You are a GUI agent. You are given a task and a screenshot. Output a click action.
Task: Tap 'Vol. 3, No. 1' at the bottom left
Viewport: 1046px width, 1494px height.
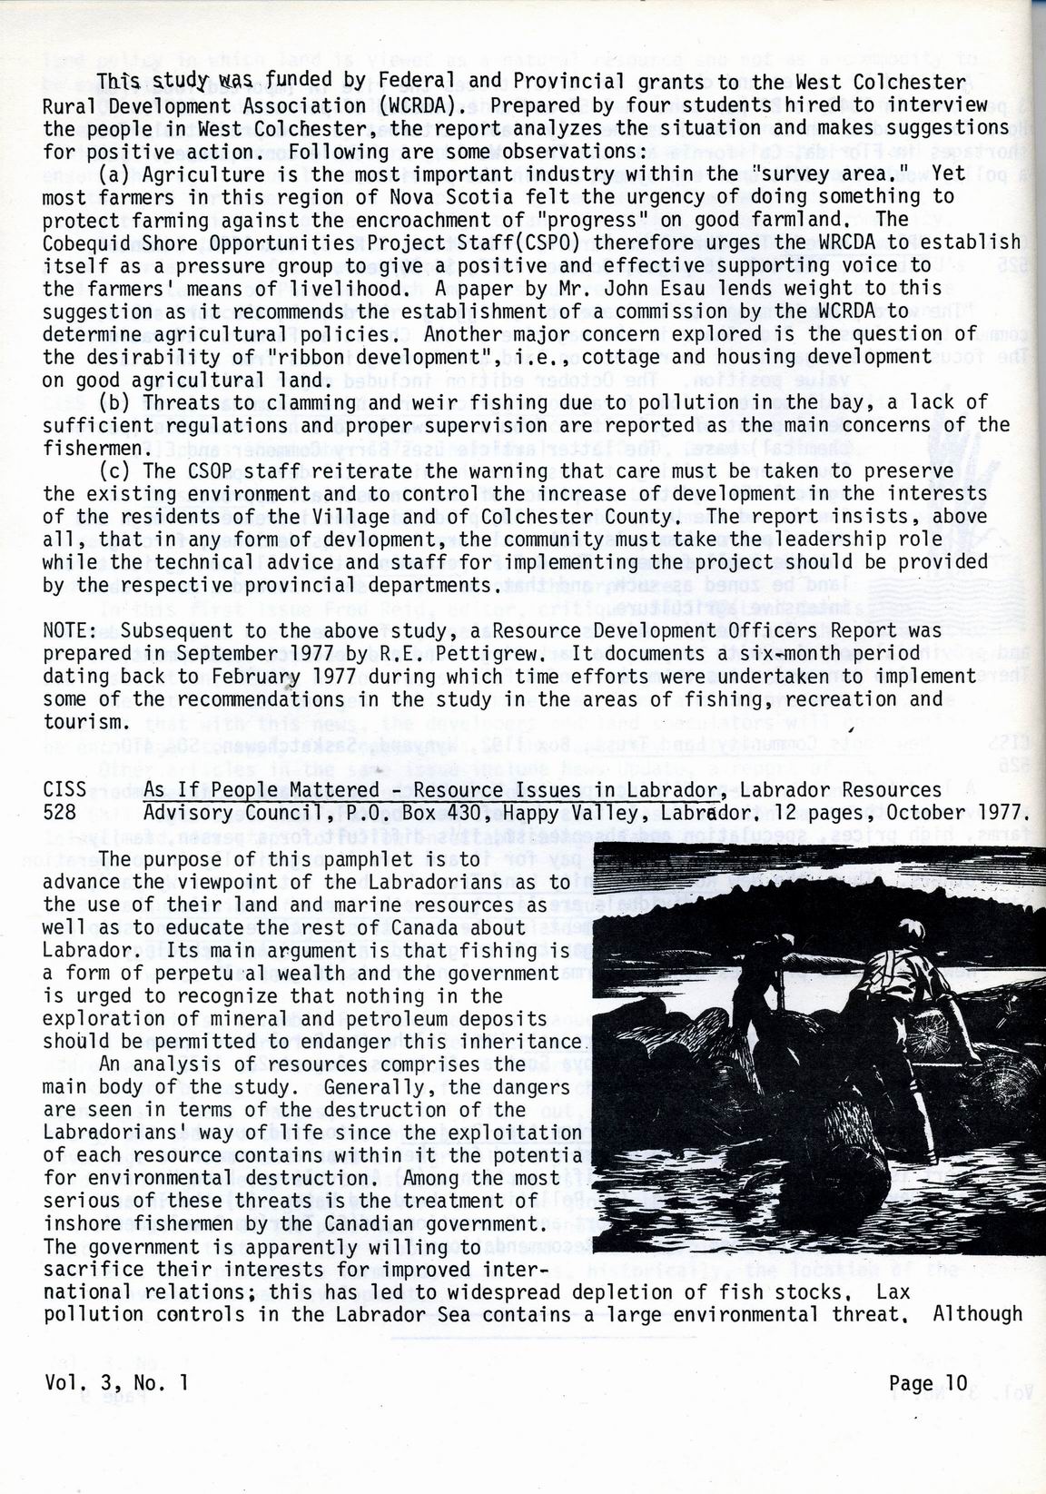(117, 1383)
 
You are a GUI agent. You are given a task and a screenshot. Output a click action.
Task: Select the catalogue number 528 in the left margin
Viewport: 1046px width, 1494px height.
(60, 812)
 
